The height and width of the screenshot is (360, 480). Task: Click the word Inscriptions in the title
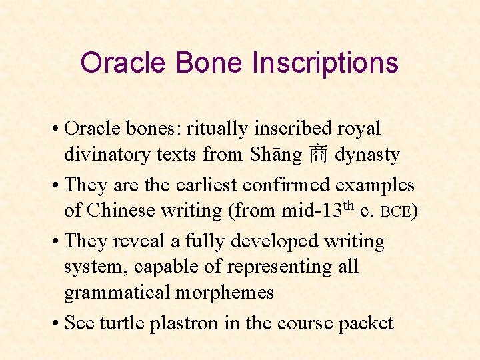pyautogui.click(x=325, y=63)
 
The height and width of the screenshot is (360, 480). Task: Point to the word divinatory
pyautogui.click(x=107, y=155)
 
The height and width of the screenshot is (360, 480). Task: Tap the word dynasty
pyautogui.click(x=367, y=155)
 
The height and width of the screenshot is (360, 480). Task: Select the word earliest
pyautogui.click(x=205, y=185)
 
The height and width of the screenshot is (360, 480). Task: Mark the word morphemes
pyautogui.click(x=227, y=292)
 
